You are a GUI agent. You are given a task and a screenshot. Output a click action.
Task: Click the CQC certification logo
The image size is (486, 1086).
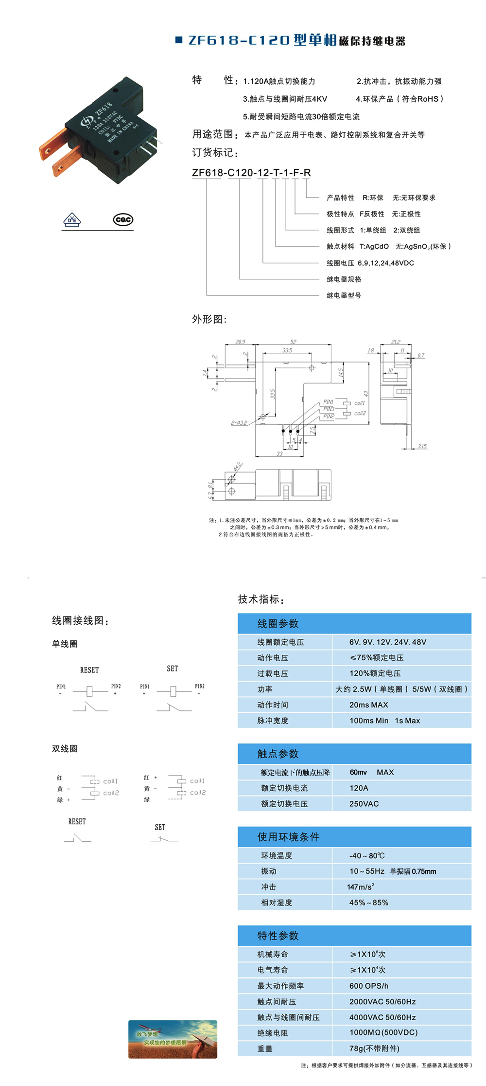123,220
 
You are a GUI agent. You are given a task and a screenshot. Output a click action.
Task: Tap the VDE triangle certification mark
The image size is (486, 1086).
72,220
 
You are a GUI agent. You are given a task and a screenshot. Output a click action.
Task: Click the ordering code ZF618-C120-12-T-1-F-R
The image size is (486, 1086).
251,173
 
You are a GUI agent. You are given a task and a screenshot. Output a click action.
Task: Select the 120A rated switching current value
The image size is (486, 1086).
359,788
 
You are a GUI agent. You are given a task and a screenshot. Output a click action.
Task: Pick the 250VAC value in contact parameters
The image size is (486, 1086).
364,804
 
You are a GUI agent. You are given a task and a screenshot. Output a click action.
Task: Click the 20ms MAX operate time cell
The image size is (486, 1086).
368,705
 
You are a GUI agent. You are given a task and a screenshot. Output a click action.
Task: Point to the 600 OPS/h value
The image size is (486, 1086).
368,986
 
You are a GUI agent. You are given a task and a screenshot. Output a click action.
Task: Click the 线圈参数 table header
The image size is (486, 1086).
278,624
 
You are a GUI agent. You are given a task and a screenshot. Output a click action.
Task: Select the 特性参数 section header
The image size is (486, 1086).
278,936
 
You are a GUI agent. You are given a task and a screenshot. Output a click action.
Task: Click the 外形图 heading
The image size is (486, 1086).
209,319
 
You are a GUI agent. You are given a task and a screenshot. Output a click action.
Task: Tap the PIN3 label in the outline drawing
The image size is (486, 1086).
329,409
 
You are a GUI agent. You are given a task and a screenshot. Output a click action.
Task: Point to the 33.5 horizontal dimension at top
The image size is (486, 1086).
287,350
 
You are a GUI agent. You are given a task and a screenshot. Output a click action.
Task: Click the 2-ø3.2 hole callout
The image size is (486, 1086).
239,423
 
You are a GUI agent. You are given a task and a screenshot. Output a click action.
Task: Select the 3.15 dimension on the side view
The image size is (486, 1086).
422,446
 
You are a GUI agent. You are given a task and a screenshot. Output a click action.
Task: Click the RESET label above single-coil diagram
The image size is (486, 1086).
89,670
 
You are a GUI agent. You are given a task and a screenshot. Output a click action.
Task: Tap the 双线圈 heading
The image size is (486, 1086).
65,749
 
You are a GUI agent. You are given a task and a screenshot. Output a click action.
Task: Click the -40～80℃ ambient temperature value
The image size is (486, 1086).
367,855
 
